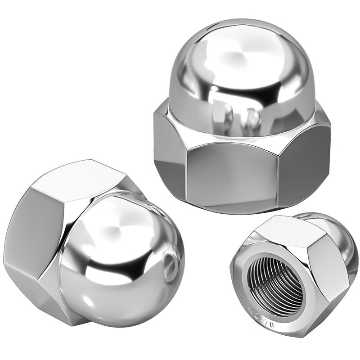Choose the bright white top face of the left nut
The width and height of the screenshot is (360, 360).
pos(85,180)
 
